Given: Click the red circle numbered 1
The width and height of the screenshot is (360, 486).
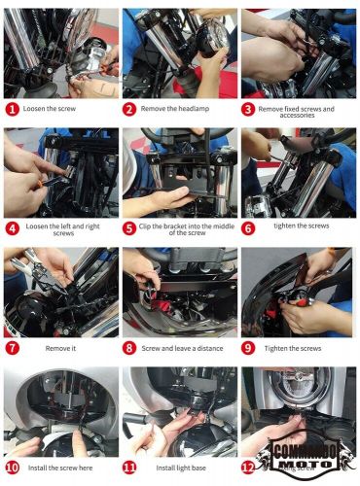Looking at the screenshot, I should tap(13, 110).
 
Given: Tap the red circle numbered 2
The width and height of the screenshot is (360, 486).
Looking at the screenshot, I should tap(131, 110).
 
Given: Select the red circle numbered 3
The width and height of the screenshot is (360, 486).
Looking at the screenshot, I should tap(249, 110).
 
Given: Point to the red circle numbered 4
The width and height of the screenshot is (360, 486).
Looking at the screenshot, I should tap(13, 228).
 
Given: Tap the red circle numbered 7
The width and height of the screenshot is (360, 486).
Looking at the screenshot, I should tap(13, 347).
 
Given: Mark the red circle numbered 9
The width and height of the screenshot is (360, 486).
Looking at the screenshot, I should tap(249, 347).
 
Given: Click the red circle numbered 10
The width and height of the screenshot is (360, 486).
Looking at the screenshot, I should tap(13, 468).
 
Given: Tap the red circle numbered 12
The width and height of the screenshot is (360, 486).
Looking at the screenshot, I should tap(249, 468).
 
